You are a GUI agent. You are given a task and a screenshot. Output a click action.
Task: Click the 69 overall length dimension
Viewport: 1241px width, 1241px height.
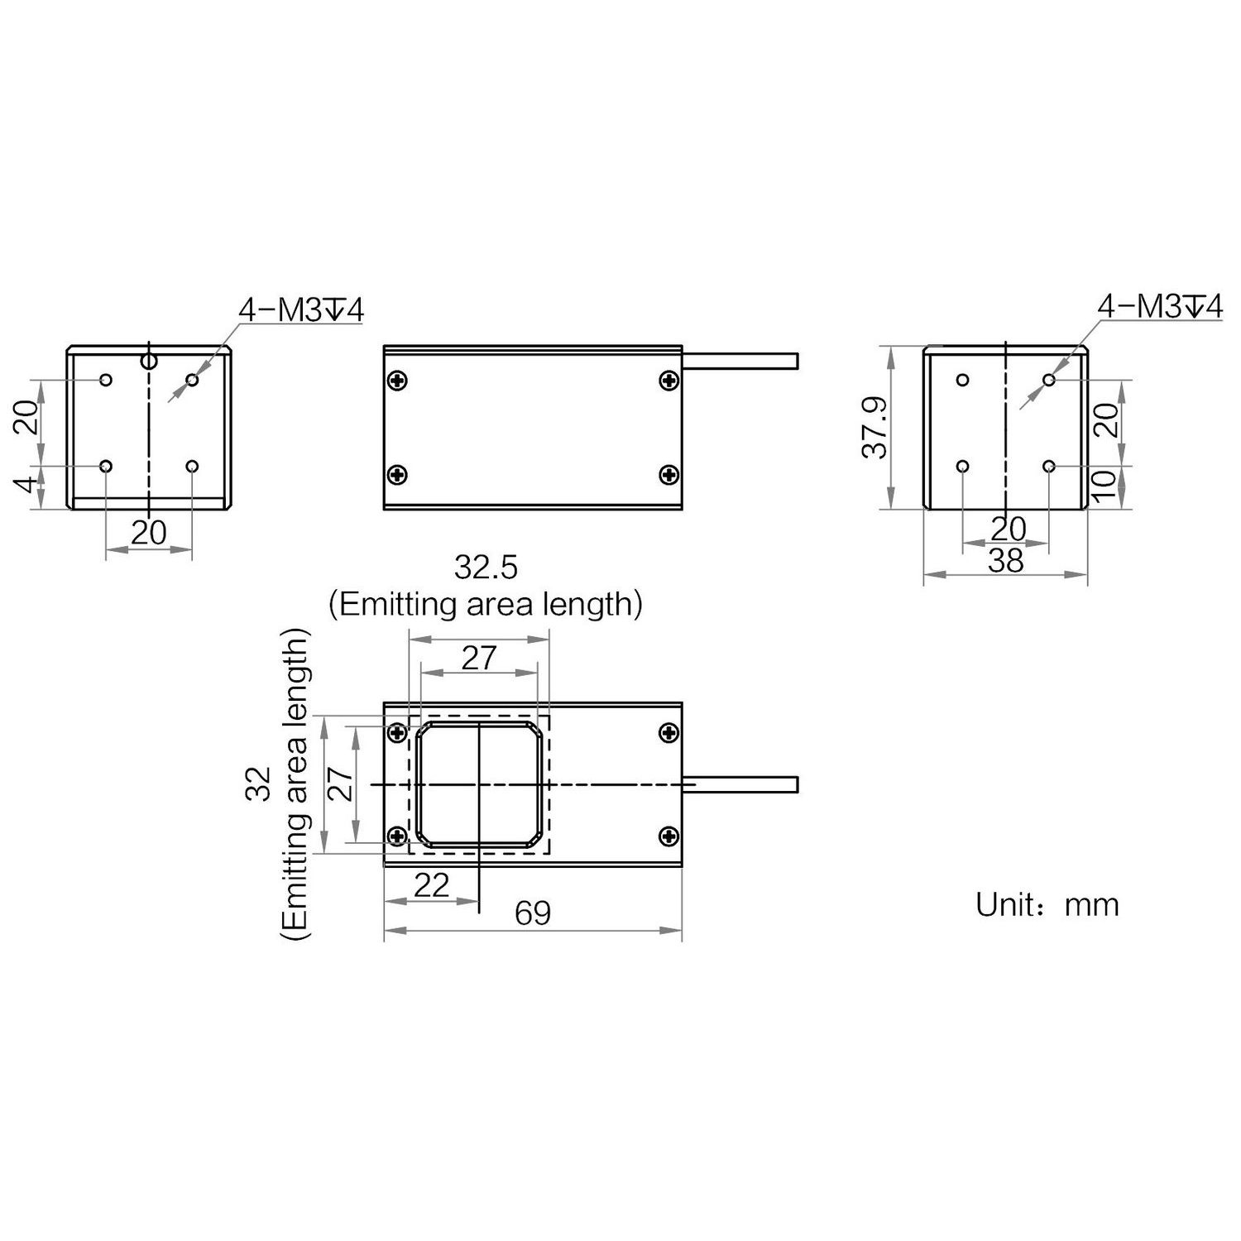click(532, 913)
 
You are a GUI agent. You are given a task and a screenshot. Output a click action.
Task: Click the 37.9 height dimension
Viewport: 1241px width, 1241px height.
click(874, 428)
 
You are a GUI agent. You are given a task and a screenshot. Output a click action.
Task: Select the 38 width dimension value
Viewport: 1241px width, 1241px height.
click(1006, 561)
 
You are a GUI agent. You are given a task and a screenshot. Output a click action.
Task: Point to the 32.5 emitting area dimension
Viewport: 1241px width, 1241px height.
click(486, 568)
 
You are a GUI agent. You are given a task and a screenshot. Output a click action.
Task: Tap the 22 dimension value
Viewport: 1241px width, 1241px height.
click(431, 885)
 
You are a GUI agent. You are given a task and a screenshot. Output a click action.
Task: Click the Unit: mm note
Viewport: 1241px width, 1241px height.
click(1047, 904)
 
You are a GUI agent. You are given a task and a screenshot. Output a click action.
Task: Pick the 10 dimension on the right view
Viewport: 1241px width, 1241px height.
click(1104, 486)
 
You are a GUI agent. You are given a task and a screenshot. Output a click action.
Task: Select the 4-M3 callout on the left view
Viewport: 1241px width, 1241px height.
click(300, 309)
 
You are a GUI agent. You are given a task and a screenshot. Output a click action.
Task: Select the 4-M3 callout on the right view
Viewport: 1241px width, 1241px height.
click(1159, 306)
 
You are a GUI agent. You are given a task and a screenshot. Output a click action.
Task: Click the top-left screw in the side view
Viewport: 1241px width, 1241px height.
click(398, 381)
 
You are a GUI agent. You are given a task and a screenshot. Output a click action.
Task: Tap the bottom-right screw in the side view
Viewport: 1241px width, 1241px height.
click(668, 474)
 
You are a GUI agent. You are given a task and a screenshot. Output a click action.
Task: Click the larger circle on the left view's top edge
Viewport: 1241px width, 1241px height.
click(148, 361)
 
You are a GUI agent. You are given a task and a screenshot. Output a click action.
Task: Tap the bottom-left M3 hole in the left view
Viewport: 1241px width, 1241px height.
click(106, 467)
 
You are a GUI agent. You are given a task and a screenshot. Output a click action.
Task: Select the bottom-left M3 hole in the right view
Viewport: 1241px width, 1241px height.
click(962, 467)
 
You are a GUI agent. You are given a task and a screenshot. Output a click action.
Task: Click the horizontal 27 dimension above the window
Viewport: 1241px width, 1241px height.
click(479, 658)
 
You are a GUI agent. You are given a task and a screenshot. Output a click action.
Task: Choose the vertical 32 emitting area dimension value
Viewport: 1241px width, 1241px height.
click(259, 783)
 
